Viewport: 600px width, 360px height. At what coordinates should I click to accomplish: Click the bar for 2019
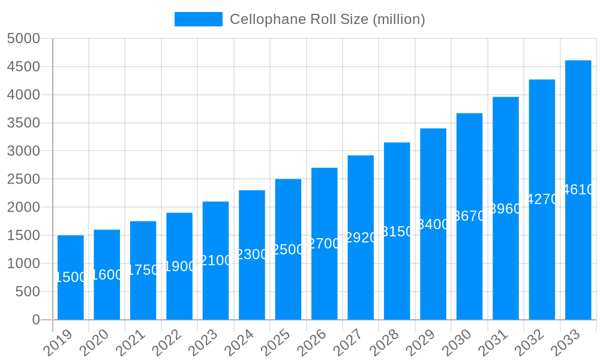[71, 277]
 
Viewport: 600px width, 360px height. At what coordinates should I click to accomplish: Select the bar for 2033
[578, 190]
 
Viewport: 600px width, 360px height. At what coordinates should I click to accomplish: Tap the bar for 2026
[325, 244]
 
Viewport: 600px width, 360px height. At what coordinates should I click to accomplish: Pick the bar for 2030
[469, 216]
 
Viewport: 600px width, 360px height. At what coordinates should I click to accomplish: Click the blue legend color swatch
[198, 19]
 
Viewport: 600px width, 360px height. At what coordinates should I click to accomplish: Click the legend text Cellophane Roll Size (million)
[327, 19]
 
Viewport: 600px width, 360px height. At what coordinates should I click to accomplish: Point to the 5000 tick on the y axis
[23, 38]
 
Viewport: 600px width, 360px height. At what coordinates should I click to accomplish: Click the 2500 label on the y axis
[23, 179]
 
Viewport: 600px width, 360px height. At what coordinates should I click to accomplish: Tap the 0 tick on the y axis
[35, 320]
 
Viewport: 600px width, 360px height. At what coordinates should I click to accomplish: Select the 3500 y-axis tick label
[23, 123]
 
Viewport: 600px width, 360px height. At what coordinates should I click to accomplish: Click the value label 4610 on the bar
[578, 190]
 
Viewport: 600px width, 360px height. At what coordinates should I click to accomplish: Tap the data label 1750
[143, 270]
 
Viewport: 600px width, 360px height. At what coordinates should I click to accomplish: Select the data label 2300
[252, 254]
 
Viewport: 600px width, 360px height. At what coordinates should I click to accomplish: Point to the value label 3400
[433, 224]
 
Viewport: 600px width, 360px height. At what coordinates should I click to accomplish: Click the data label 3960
[506, 209]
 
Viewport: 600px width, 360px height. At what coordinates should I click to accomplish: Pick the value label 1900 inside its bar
[179, 266]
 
